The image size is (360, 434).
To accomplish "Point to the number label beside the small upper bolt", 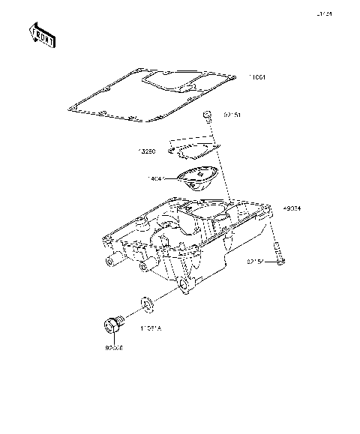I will click(232, 116).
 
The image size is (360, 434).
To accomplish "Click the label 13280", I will click(146, 152).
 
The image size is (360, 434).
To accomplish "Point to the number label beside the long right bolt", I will click(258, 262).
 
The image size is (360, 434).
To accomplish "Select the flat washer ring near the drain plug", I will click(148, 303).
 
